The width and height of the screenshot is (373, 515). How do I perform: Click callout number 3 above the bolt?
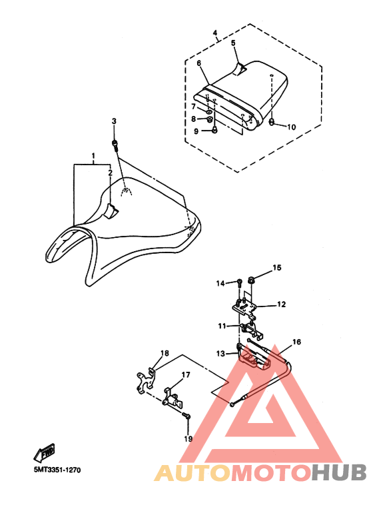pos(114,121)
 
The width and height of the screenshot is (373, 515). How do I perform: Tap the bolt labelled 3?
pos(115,145)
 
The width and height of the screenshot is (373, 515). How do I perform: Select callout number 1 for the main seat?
pos(93,155)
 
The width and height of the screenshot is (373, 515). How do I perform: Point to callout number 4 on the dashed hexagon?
pos(215,33)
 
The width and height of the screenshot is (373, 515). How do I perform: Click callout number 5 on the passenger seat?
pos(233,43)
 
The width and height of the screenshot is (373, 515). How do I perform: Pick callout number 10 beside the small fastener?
pos(291,127)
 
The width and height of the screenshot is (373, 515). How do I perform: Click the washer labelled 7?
pos(209,113)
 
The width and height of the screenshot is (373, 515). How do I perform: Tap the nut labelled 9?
pos(214,130)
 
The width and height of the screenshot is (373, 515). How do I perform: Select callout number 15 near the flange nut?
pos(277,268)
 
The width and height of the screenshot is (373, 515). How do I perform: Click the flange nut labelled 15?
pos(252,281)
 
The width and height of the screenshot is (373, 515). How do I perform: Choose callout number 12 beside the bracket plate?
pos(281,304)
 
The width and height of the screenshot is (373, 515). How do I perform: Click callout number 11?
pos(222,326)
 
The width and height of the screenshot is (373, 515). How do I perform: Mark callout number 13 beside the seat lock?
pos(220,353)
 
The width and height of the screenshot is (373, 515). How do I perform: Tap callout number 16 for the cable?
pos(296,342)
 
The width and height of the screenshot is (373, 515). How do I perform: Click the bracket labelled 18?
pos(145,380)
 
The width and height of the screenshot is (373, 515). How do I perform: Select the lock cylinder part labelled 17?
pos(173,399)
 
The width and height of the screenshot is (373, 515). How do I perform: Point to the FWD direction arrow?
pos(45,453)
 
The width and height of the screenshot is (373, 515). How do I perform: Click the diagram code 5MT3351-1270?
pos(57,470)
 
